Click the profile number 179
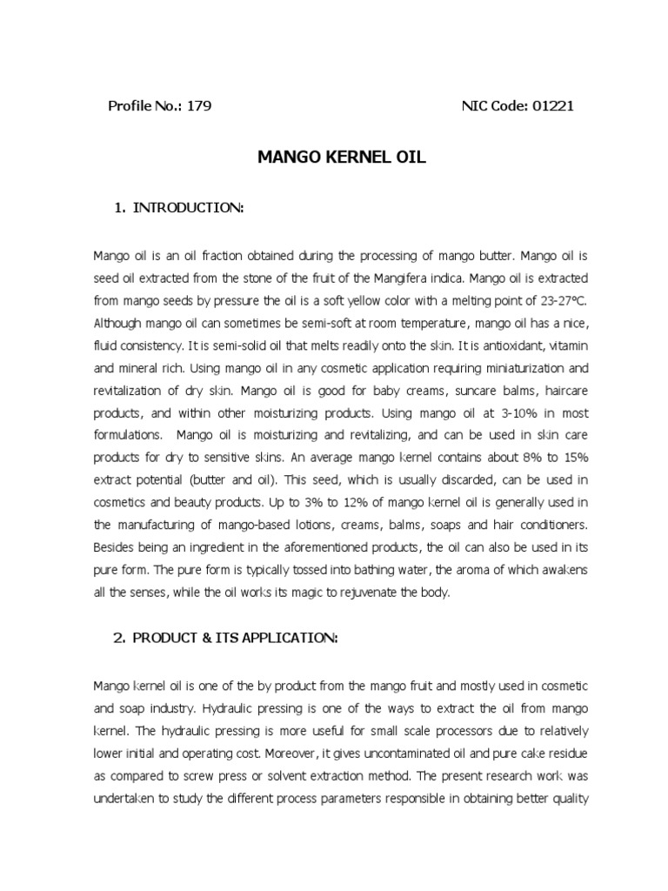(200, 106)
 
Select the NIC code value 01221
(551, 106)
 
